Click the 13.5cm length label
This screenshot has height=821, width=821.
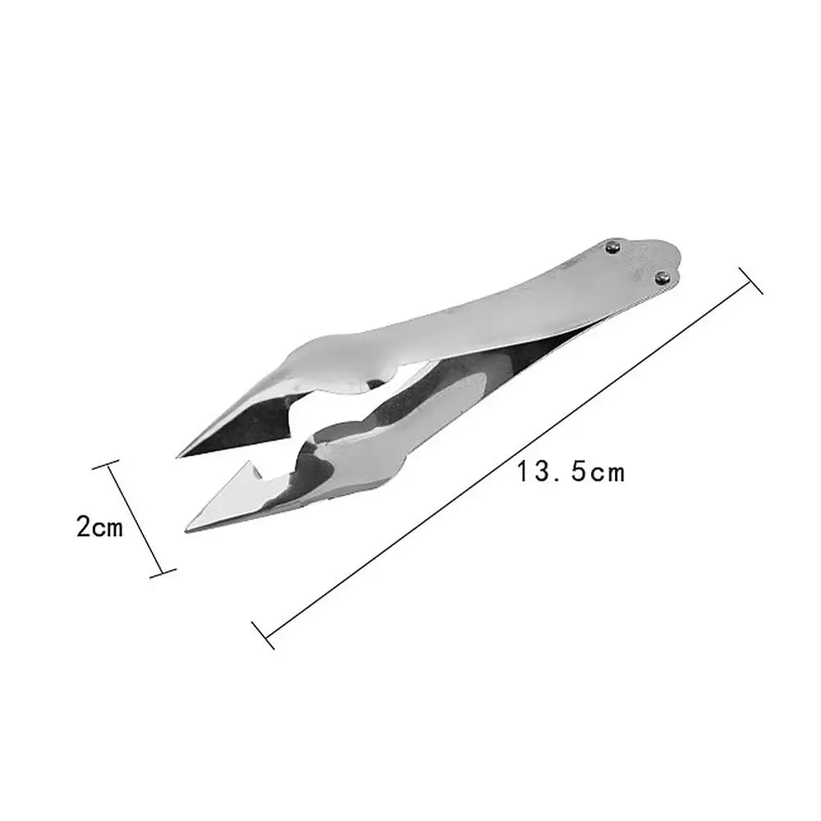tap(571, 473)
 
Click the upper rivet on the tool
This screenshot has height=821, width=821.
tap(612, 245)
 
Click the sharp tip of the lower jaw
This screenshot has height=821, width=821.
tap(190, 529)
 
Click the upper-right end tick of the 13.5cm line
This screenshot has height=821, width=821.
tap(752, 280)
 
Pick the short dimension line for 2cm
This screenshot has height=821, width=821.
tap(135, 519)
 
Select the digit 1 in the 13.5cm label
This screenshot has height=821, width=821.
tap(523, 473)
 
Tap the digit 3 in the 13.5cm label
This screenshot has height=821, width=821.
tap(543, 473)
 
